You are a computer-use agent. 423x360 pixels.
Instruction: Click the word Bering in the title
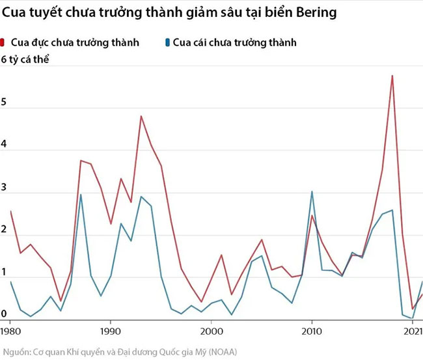(315, 14)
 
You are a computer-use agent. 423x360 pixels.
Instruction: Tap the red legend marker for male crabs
(4, 43)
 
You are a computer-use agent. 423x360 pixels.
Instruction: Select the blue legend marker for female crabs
(169, 43)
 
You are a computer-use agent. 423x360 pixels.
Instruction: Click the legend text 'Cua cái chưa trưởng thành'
(236, 43)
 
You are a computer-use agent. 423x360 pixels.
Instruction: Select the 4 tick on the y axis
(3, 146)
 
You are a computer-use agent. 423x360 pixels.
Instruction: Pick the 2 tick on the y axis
(3, 230)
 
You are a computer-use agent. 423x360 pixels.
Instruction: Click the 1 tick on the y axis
(3, 272)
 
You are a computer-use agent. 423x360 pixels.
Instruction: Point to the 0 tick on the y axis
(3, 314)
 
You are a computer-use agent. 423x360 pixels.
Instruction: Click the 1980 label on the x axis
(10, 332)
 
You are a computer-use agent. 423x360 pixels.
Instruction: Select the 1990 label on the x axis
(111, 332)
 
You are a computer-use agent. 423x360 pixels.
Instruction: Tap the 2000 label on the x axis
(211, 332)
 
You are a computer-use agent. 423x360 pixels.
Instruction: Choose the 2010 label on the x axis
(312, 332)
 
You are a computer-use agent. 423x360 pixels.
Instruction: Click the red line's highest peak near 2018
(392, 76)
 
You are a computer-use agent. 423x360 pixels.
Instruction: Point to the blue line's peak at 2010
(312, 191)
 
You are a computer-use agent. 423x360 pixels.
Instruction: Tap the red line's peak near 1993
(141, 116)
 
